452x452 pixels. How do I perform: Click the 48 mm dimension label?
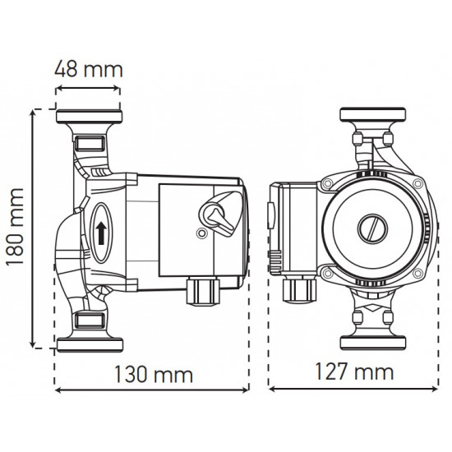(x=88, y=68)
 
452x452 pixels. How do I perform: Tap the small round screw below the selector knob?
(x=201, y=234)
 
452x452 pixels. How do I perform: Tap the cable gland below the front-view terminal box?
(x=297, y=288)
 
